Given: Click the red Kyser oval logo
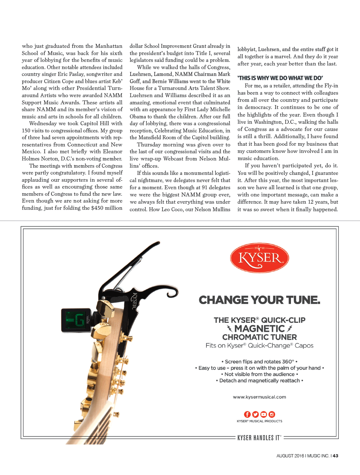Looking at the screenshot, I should click(259, 258).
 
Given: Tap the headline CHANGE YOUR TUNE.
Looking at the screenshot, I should click(259, 300).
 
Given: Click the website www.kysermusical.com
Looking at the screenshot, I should click(259, 397).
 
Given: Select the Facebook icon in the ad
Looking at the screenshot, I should click(247, 414).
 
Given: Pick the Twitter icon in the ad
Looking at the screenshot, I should click(255, 414).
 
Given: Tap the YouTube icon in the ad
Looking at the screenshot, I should click(264, 414).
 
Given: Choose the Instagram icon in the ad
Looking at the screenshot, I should click(272, 414).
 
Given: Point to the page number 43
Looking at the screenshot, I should click(335, 456).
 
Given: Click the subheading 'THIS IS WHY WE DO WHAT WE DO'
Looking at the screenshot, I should click(280, 78).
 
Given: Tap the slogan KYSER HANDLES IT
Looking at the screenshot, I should click(259, 438).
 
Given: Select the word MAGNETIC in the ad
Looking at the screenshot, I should click(259, 329).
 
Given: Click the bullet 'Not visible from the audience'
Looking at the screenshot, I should click(259, 374).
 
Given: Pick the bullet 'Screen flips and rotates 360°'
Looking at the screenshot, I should click(259, 362).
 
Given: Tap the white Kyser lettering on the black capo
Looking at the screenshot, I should click(135, 301).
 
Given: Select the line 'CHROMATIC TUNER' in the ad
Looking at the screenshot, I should click(259, 337).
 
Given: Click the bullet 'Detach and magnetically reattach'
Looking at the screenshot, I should click(259, 381).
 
